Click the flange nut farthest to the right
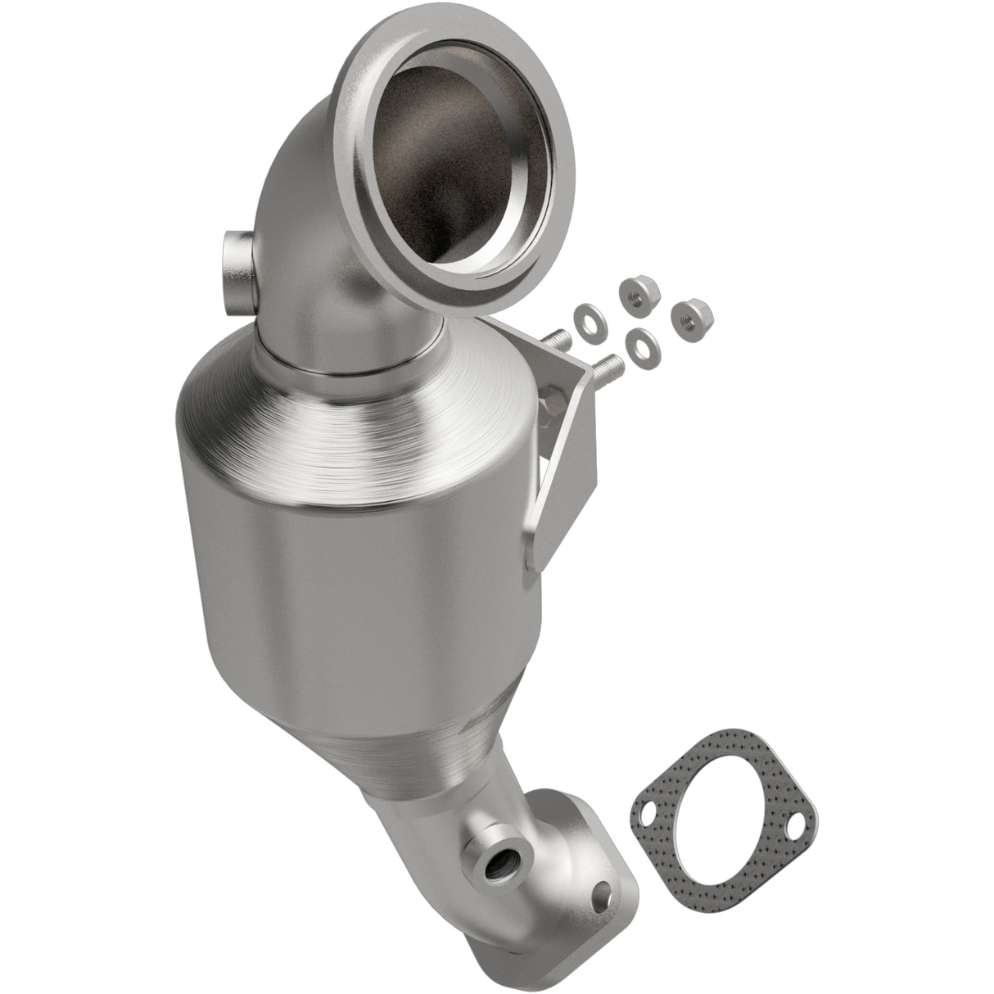[x=693, y=315]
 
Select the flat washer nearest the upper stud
[x=585, y=314]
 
